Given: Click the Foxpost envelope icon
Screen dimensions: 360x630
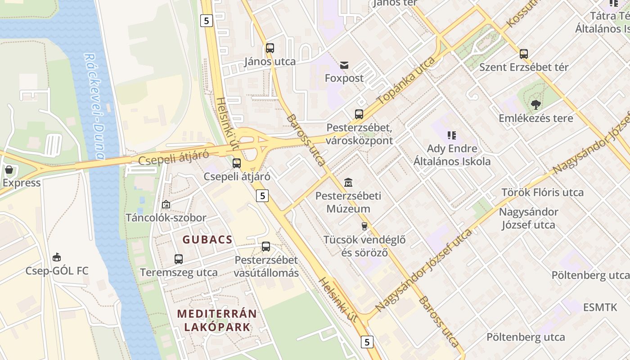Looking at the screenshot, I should pos(344,65).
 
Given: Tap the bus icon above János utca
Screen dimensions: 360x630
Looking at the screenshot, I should pos(270,48).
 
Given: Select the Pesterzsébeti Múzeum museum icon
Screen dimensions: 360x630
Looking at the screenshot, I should pos(348,183).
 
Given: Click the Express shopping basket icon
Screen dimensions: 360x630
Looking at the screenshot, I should pos(9,170).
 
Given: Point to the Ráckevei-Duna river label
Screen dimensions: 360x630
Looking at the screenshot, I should pos(94,107).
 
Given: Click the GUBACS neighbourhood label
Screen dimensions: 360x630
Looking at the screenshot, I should pos(207,240).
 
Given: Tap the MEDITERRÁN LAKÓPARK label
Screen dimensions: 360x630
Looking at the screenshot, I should pos(217,320).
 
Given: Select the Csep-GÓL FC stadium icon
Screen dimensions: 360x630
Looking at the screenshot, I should pos(57,257).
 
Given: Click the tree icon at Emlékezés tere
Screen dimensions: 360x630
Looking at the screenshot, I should pos(535,105).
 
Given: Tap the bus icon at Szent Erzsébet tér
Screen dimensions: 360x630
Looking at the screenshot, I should pos(524,54).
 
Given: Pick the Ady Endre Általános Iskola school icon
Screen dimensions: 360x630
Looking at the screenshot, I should pos(452,135).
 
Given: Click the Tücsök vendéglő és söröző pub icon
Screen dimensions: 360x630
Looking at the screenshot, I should pos(364,226).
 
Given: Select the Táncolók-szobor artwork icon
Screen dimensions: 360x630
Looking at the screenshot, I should pos(166,205).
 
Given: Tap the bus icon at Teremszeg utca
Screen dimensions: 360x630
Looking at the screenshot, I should pos(179,259).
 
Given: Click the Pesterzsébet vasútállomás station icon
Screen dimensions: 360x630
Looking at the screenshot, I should pos(266,247).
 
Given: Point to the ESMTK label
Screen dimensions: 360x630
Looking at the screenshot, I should pos(600,307).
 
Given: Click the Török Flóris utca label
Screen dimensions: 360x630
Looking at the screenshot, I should pos(542,193).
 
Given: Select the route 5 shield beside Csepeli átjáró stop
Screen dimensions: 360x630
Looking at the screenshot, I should pos(263,195).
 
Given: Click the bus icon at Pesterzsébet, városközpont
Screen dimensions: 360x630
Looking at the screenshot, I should pos(359,114).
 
